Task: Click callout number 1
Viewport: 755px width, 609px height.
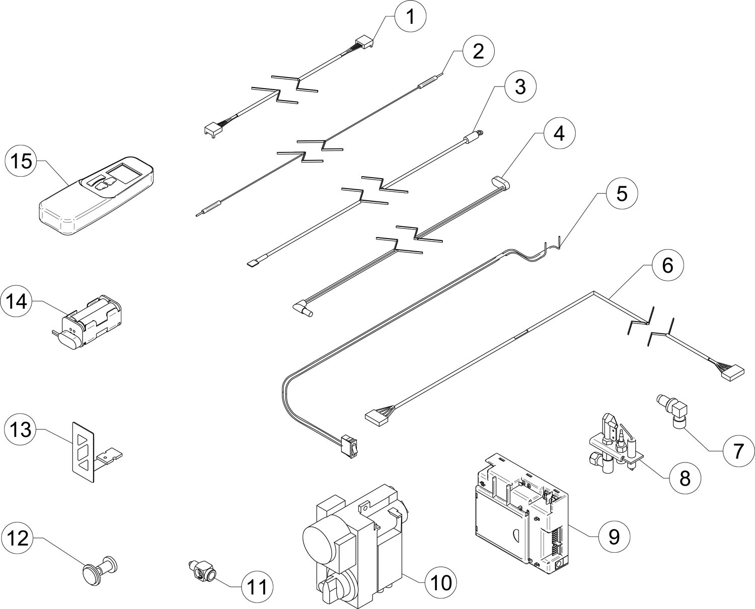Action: pos(410,17)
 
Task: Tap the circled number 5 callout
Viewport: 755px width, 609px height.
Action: pos(622,194)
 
